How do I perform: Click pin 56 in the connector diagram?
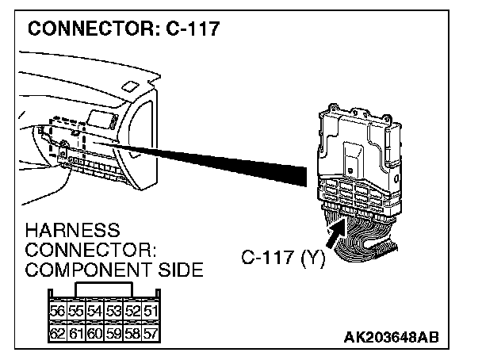coord(58,311)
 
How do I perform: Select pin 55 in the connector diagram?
coord(75,311)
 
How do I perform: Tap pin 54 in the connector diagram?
coord(93,311)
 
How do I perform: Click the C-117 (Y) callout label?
coord(281,258)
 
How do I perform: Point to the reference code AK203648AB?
coord(389,336)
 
